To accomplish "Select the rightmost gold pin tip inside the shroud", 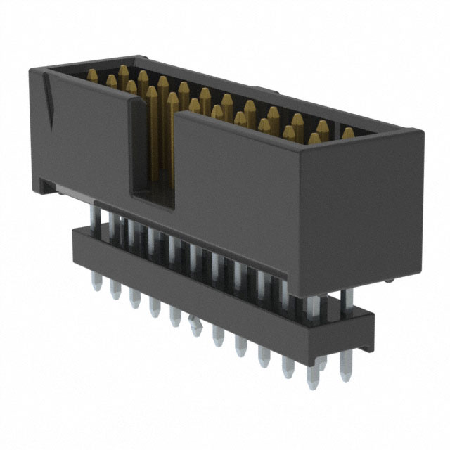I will pos(348,133).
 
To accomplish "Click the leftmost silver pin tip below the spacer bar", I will pos(97,283).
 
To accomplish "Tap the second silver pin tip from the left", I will pos(115,290).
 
